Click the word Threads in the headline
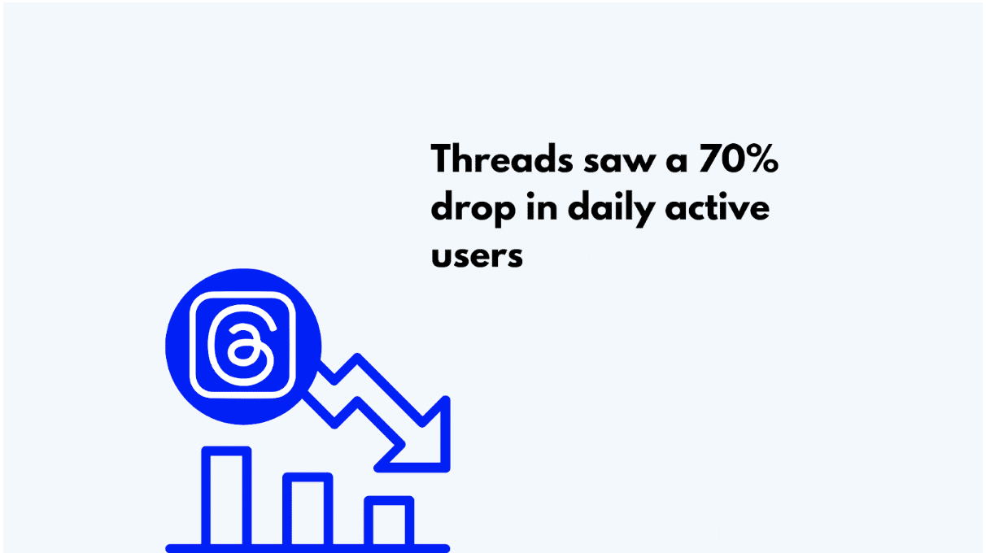[502, 159]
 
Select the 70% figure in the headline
[739, 159]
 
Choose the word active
[717, 207]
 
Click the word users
[477, 256]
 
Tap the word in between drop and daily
[542, 206]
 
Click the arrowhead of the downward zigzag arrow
[422, 444]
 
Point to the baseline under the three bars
[308, 549]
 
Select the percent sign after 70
[761, 159]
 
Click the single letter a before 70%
[677, 163]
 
